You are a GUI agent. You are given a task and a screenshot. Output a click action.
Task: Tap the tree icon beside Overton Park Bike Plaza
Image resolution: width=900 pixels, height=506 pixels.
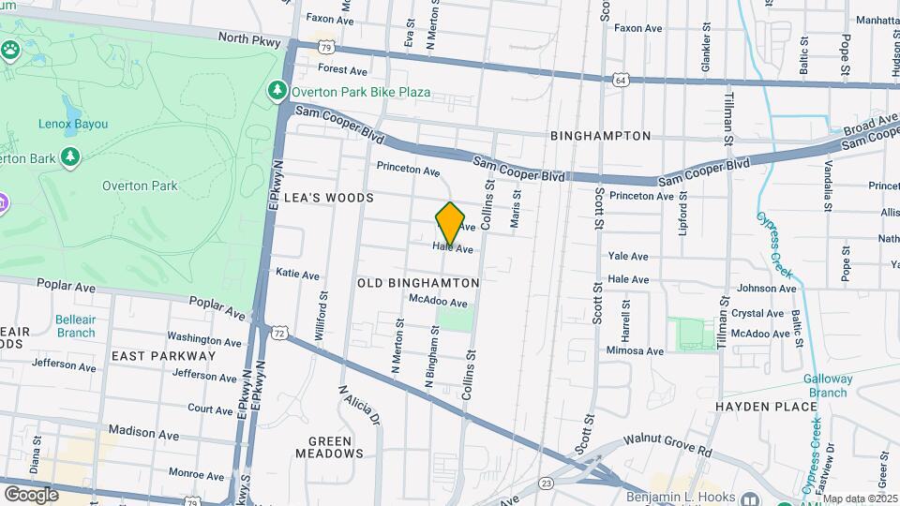[277, 90]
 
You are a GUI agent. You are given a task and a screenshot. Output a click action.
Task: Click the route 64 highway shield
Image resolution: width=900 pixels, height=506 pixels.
[622, 81]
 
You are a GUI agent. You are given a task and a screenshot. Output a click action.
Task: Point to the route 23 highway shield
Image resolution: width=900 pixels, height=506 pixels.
[547, 482]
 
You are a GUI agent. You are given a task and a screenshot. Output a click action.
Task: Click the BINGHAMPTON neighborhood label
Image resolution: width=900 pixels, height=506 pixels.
[600, 136]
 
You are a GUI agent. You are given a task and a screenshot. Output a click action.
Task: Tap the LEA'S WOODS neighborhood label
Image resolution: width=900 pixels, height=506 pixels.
[329, 198]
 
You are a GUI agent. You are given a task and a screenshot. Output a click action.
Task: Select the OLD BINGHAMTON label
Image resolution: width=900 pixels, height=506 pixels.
[418, 282]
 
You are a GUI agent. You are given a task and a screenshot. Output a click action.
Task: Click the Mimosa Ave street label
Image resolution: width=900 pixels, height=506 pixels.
[635, 351]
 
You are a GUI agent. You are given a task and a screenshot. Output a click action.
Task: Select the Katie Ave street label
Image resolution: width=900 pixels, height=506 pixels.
[297, 274]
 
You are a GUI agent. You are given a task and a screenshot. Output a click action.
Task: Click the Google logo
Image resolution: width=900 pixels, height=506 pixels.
[31, 494]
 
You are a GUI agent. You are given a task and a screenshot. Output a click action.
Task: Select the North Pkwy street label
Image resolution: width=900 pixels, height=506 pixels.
[250, 38]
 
